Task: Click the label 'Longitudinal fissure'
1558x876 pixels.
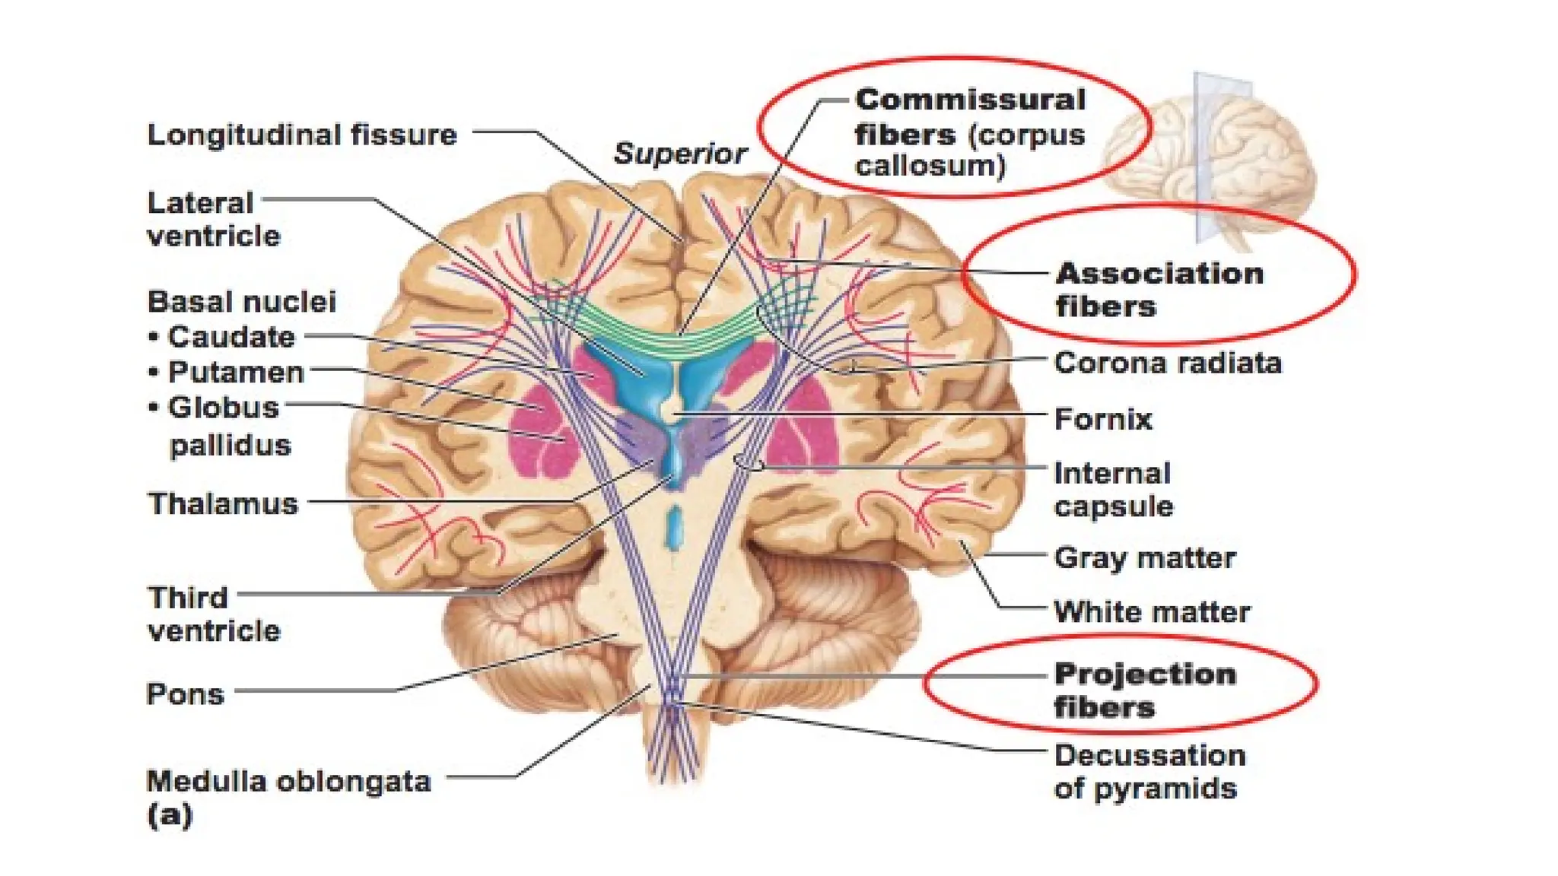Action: (302, 135)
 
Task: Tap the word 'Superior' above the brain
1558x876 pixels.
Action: (679, 154)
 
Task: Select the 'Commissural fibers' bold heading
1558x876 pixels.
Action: (969, 116)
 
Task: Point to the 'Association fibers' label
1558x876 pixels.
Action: (1159, 290)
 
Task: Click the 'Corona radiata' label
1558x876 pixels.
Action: (1167, 363)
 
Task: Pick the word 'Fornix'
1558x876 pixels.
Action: (1102, 419)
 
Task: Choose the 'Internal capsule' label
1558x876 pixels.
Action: (1113, 490)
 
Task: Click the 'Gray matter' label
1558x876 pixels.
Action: (1144, 557)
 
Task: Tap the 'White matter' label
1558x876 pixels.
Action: (1151, 611)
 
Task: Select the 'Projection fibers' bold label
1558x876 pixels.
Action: (1144, 690)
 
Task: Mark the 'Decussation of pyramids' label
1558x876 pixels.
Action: (1149, 772)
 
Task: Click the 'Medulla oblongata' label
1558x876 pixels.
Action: (288, 781)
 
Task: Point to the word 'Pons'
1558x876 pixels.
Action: (185, 693)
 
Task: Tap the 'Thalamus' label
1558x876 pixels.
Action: (223, 503)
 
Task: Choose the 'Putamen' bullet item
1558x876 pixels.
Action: (235, 372)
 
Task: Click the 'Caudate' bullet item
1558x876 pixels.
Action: (231, 336)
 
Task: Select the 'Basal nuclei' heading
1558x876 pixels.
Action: (241, 301)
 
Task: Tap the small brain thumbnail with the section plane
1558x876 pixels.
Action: (1210, 160)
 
